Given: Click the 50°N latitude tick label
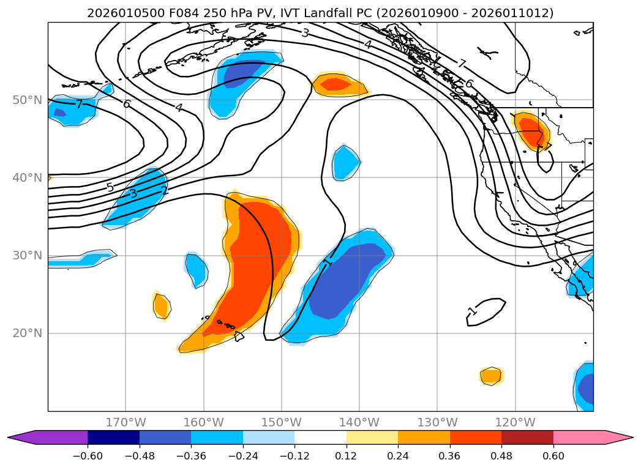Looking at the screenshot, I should [27, 100].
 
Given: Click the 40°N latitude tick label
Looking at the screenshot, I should [27, 177].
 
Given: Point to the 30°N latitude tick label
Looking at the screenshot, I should [27, 255].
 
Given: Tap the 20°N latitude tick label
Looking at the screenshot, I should [27, 333].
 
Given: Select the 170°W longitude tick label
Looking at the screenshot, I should [126, 422].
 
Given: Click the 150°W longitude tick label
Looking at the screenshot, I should [281, 422].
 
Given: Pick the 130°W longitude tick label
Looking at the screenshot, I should [437, 422].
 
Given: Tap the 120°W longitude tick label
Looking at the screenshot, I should [515, 422].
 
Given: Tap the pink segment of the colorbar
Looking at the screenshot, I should [588, 437].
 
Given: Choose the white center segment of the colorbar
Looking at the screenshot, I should [320, 437].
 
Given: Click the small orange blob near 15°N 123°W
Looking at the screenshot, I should [491, 376].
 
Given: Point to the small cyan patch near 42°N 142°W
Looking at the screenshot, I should [346, 162].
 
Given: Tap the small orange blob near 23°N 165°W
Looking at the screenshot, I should [161, 305].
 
